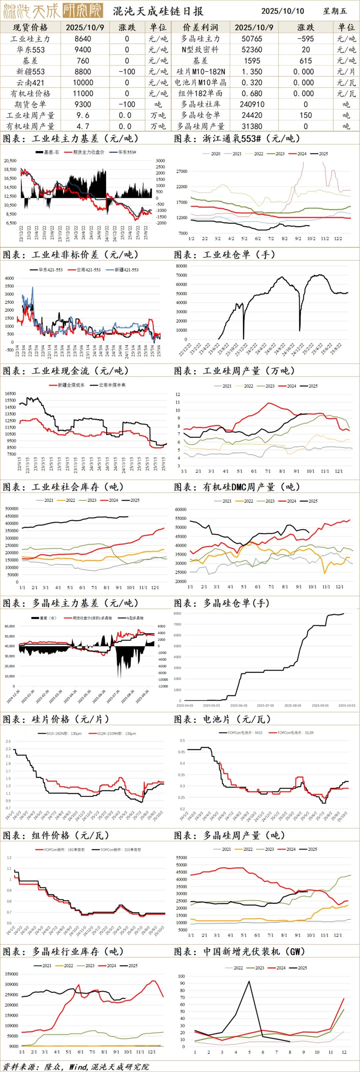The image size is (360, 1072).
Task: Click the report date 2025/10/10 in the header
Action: (x=283, y=11)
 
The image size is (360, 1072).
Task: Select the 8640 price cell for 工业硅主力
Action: (x=83, y=39)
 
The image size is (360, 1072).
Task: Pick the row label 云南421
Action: (x=30, y=82)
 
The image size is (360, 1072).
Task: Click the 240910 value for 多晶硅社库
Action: (x=253, y=104)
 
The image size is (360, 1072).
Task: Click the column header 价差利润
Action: (x=200, y=27)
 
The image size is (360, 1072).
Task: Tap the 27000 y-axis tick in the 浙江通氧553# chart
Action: (x=182, y=171)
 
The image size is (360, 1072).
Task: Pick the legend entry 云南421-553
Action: (x=88, y=270)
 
